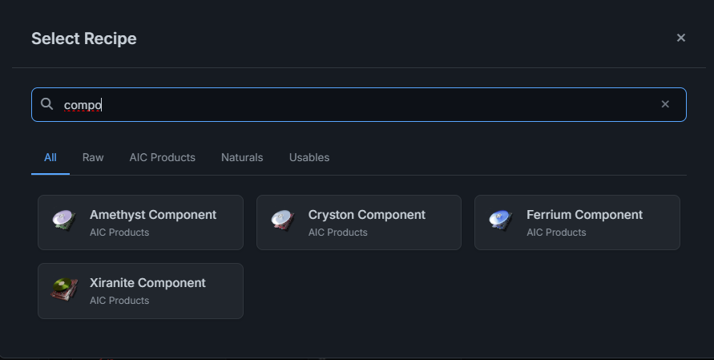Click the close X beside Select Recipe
tap(681, 38)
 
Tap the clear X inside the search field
tap(665, 104)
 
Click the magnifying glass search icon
tap(47, 104)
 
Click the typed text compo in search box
tap(83, 105)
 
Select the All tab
tap(50, 158)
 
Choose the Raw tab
tap(93, 158)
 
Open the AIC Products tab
tap(162, 158)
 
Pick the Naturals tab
tap(242, 158)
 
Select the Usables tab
tap(309, 158)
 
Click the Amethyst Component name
tap(153, 215)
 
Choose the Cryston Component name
tap(366, 215)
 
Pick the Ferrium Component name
tap(584, 215)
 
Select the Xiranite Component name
tap(147, 283)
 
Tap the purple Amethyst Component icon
tap(64, 220)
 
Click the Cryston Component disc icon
tap(283, 220)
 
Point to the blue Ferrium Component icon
tap(501, 220)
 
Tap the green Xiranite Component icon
tap(64, 289)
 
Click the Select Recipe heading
tap(84, 38)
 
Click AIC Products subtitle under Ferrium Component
tap(556, 233)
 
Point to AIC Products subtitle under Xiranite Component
tap(119, 301)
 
